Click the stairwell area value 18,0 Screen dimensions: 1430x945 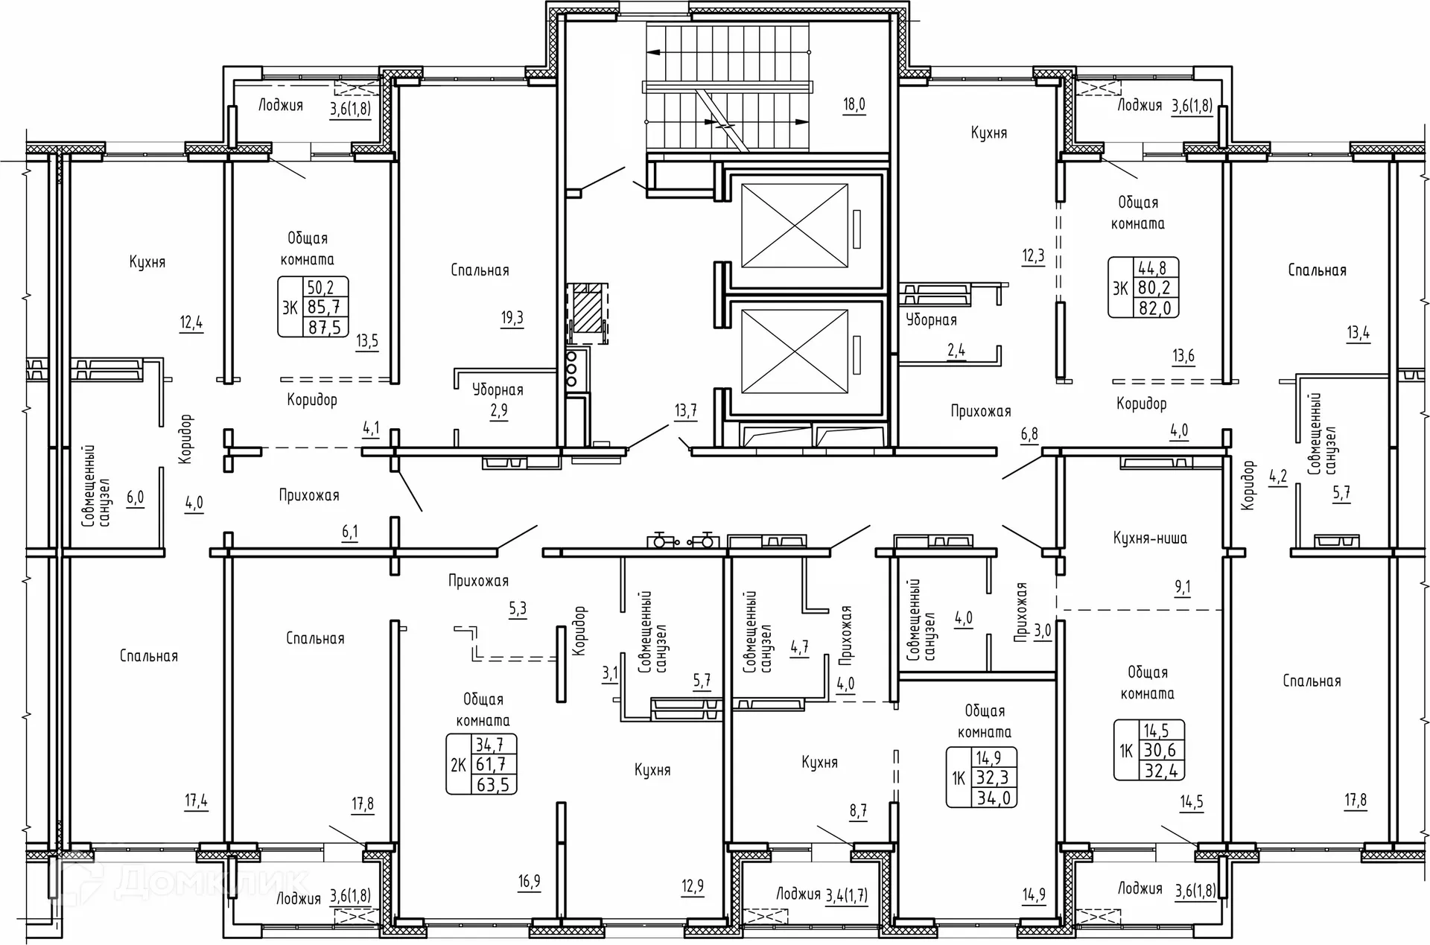(x=854, y=104)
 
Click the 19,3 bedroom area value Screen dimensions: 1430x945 (x=512, y=318)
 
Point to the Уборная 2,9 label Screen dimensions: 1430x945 (x=498, y=400)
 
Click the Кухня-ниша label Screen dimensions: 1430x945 (x=1150, y=538)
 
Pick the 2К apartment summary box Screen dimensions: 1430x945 (x=481, y=764)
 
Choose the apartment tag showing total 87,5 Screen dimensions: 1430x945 (x=313, y=307)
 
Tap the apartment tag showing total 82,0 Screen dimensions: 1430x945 (x=1143, y=287)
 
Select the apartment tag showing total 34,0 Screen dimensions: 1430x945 (x=982, y=777)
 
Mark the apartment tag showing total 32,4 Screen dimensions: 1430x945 (x=1149, y=751)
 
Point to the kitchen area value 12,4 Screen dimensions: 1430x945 (x=191, y=323)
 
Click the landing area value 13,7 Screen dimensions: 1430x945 (x=685, y=410)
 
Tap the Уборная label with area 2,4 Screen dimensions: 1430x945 (x=931, y=320)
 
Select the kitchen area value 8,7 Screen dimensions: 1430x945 (x=858, y=811)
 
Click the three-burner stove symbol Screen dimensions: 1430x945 (x=572, y=368)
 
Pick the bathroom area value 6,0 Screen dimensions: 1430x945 (x=135, y=497)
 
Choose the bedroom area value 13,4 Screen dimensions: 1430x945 (x=1358, y=333)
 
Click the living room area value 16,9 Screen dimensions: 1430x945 (x=529, y=882)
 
